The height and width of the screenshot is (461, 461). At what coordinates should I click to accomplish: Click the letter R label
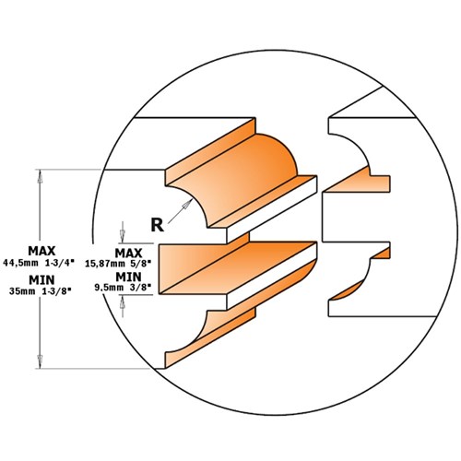click(159, 221)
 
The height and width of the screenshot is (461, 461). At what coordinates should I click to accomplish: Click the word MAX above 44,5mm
click(41, 250)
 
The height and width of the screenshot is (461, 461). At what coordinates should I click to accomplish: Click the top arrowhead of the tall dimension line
click(41, 174)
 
